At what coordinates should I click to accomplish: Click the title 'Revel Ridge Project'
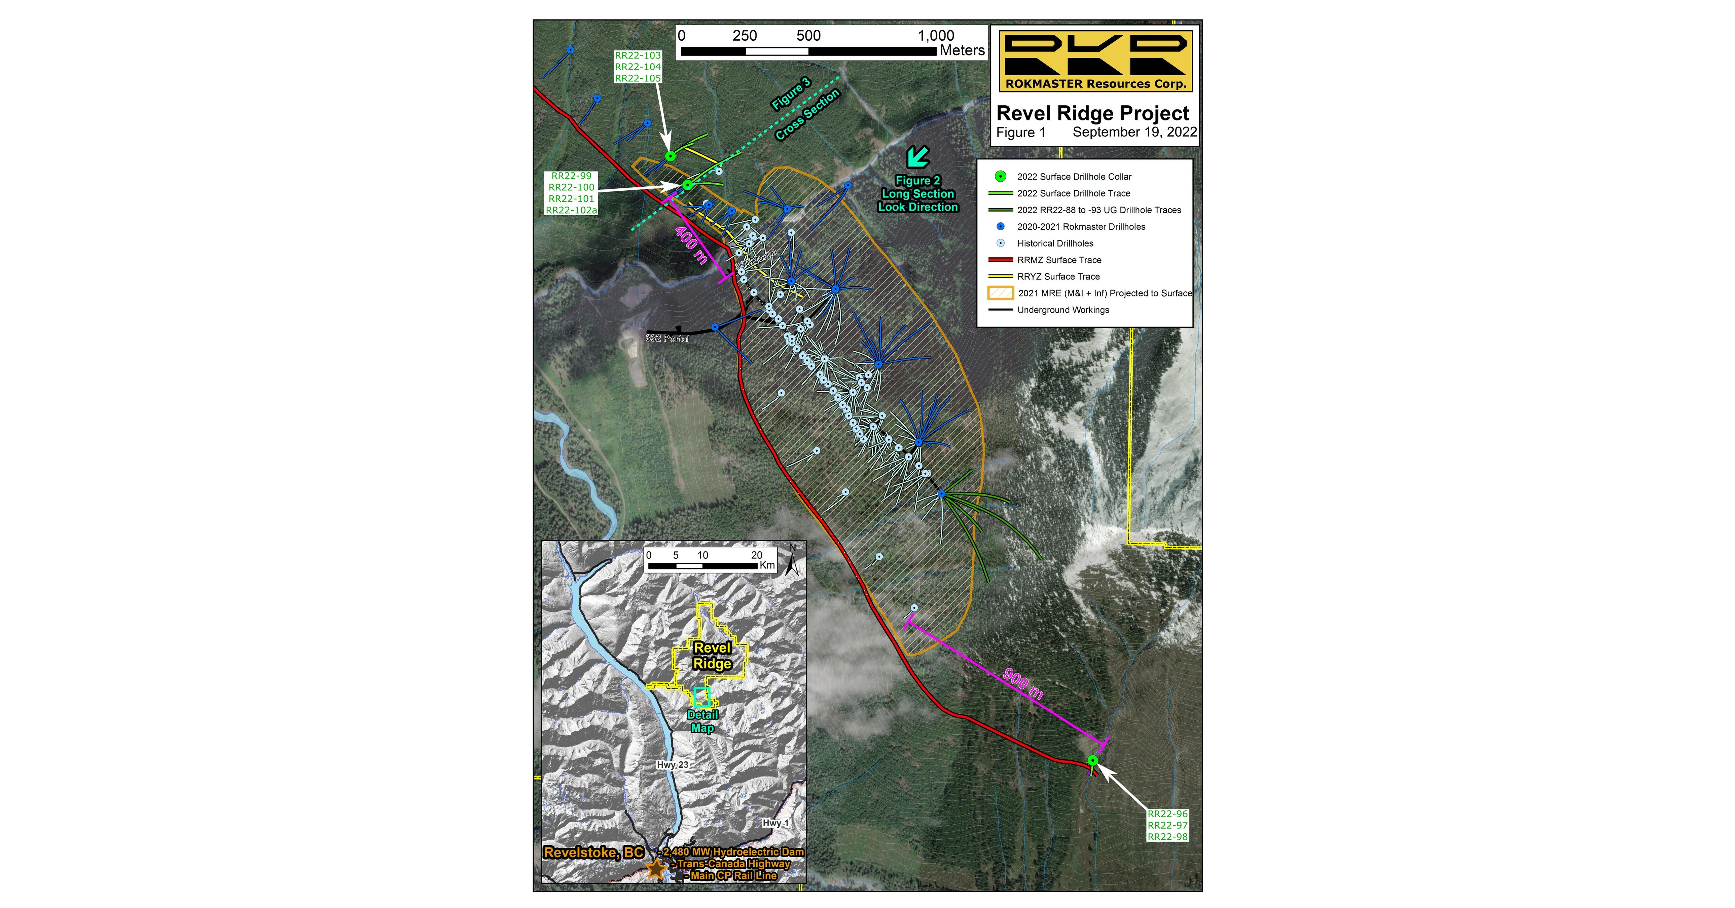point(1092,113)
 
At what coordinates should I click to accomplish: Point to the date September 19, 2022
point(1134,132)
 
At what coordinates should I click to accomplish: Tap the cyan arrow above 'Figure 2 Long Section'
point(917,157)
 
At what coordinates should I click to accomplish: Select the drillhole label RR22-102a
point(571,210)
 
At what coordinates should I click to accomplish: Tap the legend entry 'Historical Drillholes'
point(1055,243)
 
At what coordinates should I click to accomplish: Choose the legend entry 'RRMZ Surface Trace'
point(1059,260)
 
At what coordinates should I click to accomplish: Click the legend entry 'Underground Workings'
point(1063,310)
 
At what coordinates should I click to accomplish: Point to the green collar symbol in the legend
point(1001,177)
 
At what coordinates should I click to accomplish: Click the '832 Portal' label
point(667,338)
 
